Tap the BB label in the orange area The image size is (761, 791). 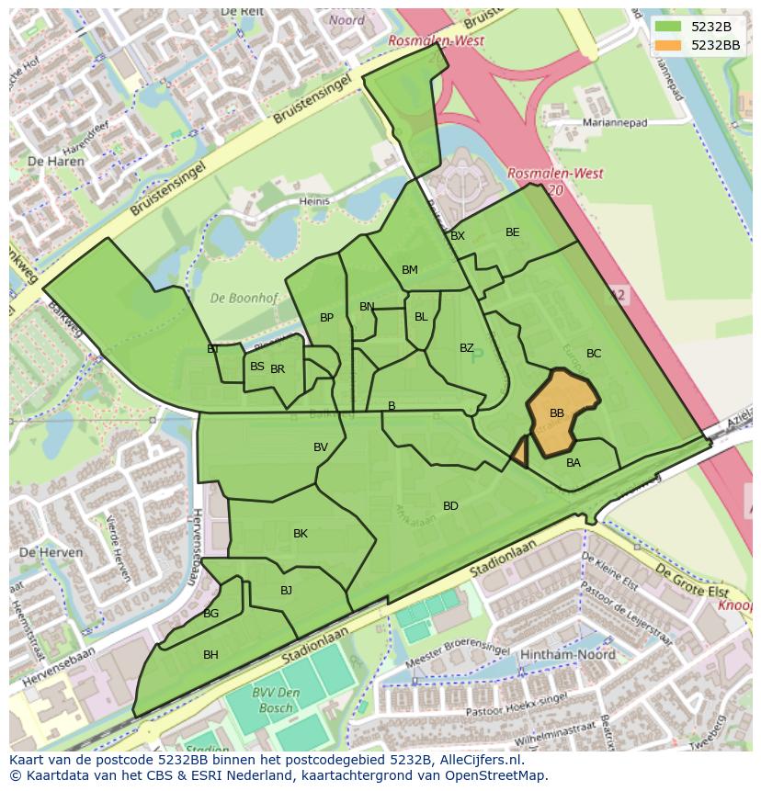557,413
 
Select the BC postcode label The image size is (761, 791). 594,354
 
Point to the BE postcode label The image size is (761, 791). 513,232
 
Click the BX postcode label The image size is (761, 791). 458,236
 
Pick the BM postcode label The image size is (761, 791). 410,270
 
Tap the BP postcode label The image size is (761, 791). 326,318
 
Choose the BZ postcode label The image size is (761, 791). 467,348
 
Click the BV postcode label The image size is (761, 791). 321,447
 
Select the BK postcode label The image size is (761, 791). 301,534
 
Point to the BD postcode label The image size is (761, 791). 450,506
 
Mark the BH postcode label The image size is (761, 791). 210,655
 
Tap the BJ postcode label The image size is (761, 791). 286,591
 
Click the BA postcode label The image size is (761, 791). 574,463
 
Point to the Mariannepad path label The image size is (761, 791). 615,122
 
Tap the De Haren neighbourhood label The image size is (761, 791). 56,161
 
